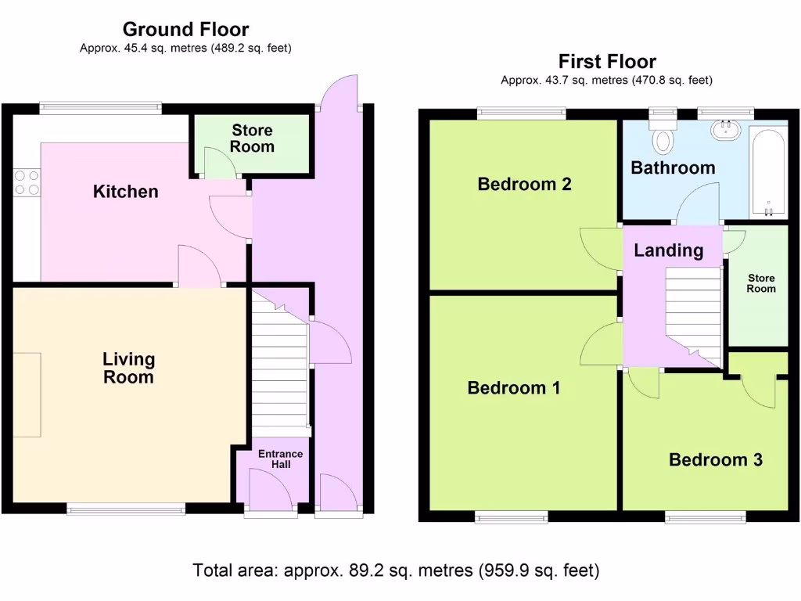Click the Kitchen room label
pos(126,192)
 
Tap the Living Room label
pos(129,368)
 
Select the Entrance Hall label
pos(281,459)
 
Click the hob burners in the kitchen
pos(27,182)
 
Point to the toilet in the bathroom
pos(663,136)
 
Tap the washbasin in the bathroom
pos(725,130)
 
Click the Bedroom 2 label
pos(525,184)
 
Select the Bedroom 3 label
pos(716,460)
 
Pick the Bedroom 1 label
pos(514,388)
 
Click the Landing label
pos(669,250)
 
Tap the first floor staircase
pos(693,317)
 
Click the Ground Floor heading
pos(186,30)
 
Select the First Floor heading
pos(607,61)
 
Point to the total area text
pos(396,570)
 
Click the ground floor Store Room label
pos(252,139)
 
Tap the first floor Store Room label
pos(761,283)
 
